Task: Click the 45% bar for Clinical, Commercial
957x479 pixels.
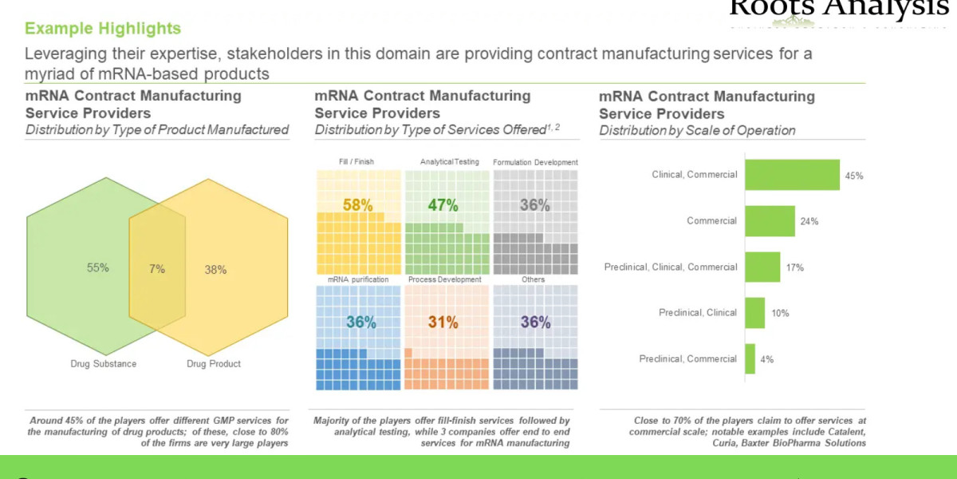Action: [x=792, y=175]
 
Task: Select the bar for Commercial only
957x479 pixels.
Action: [x=770, y=221]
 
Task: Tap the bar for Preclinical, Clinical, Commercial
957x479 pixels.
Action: [x=762, y=267]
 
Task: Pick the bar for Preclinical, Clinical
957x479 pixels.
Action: [x=754, y=313]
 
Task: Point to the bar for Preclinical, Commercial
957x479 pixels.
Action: [x=750, y=359]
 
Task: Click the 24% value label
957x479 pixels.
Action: [x=809, y=222]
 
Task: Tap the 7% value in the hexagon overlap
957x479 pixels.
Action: [x=157, y=269]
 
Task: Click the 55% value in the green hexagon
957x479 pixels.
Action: [x=98, y=268]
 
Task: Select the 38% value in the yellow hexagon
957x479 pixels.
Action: [x=215, y=270]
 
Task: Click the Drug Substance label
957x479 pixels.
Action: [x=104, y=364]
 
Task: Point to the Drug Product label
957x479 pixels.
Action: [x=214, y=364]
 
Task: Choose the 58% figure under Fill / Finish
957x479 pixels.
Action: [x=357, y=205]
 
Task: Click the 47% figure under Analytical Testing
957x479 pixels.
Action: [x=443, y=205]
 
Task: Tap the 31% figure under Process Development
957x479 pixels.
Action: [x=443, y=323]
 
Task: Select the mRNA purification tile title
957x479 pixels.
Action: [x=358, y=279]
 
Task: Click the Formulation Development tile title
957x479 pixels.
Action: [x=535, y=162]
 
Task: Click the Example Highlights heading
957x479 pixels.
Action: [x=103, y=29]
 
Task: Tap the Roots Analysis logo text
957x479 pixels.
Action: [x=838, y=9]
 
